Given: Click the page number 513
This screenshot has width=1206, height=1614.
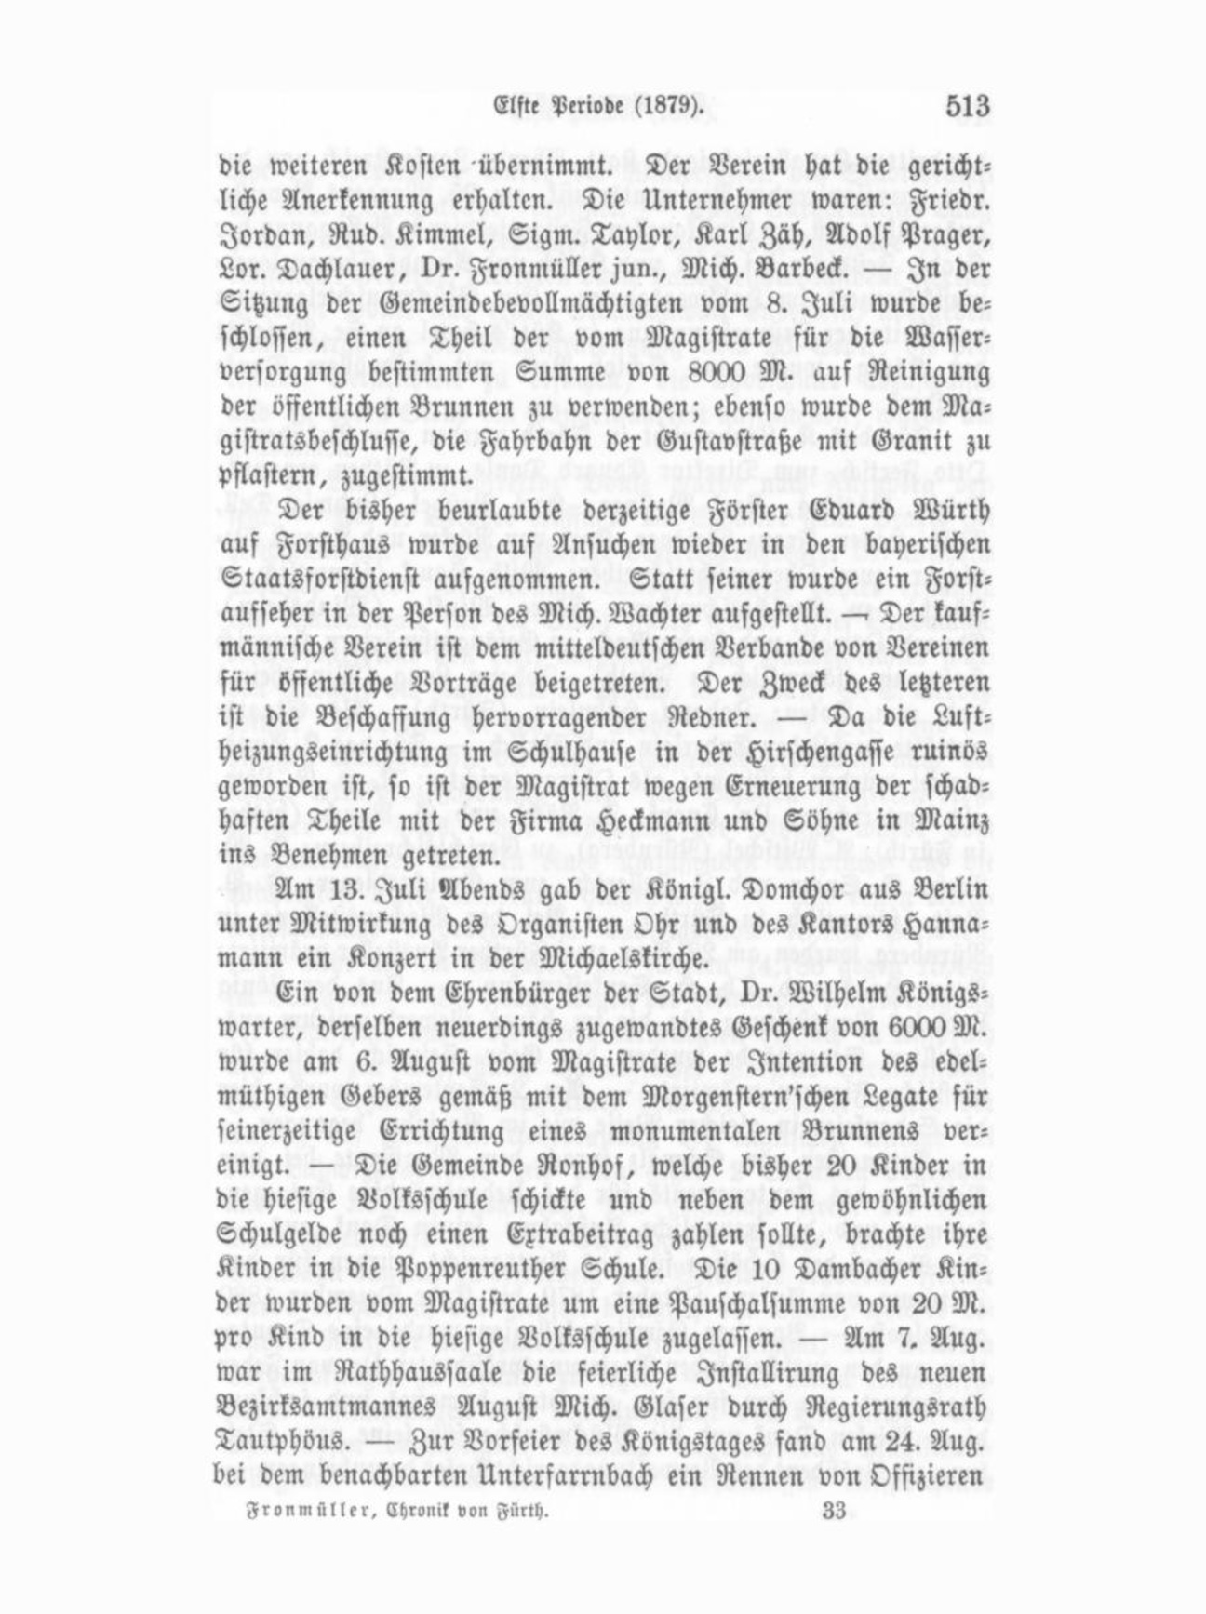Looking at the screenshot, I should click(967, 106).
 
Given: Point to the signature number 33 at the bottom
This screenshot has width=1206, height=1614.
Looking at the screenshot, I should click(834, 1511).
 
